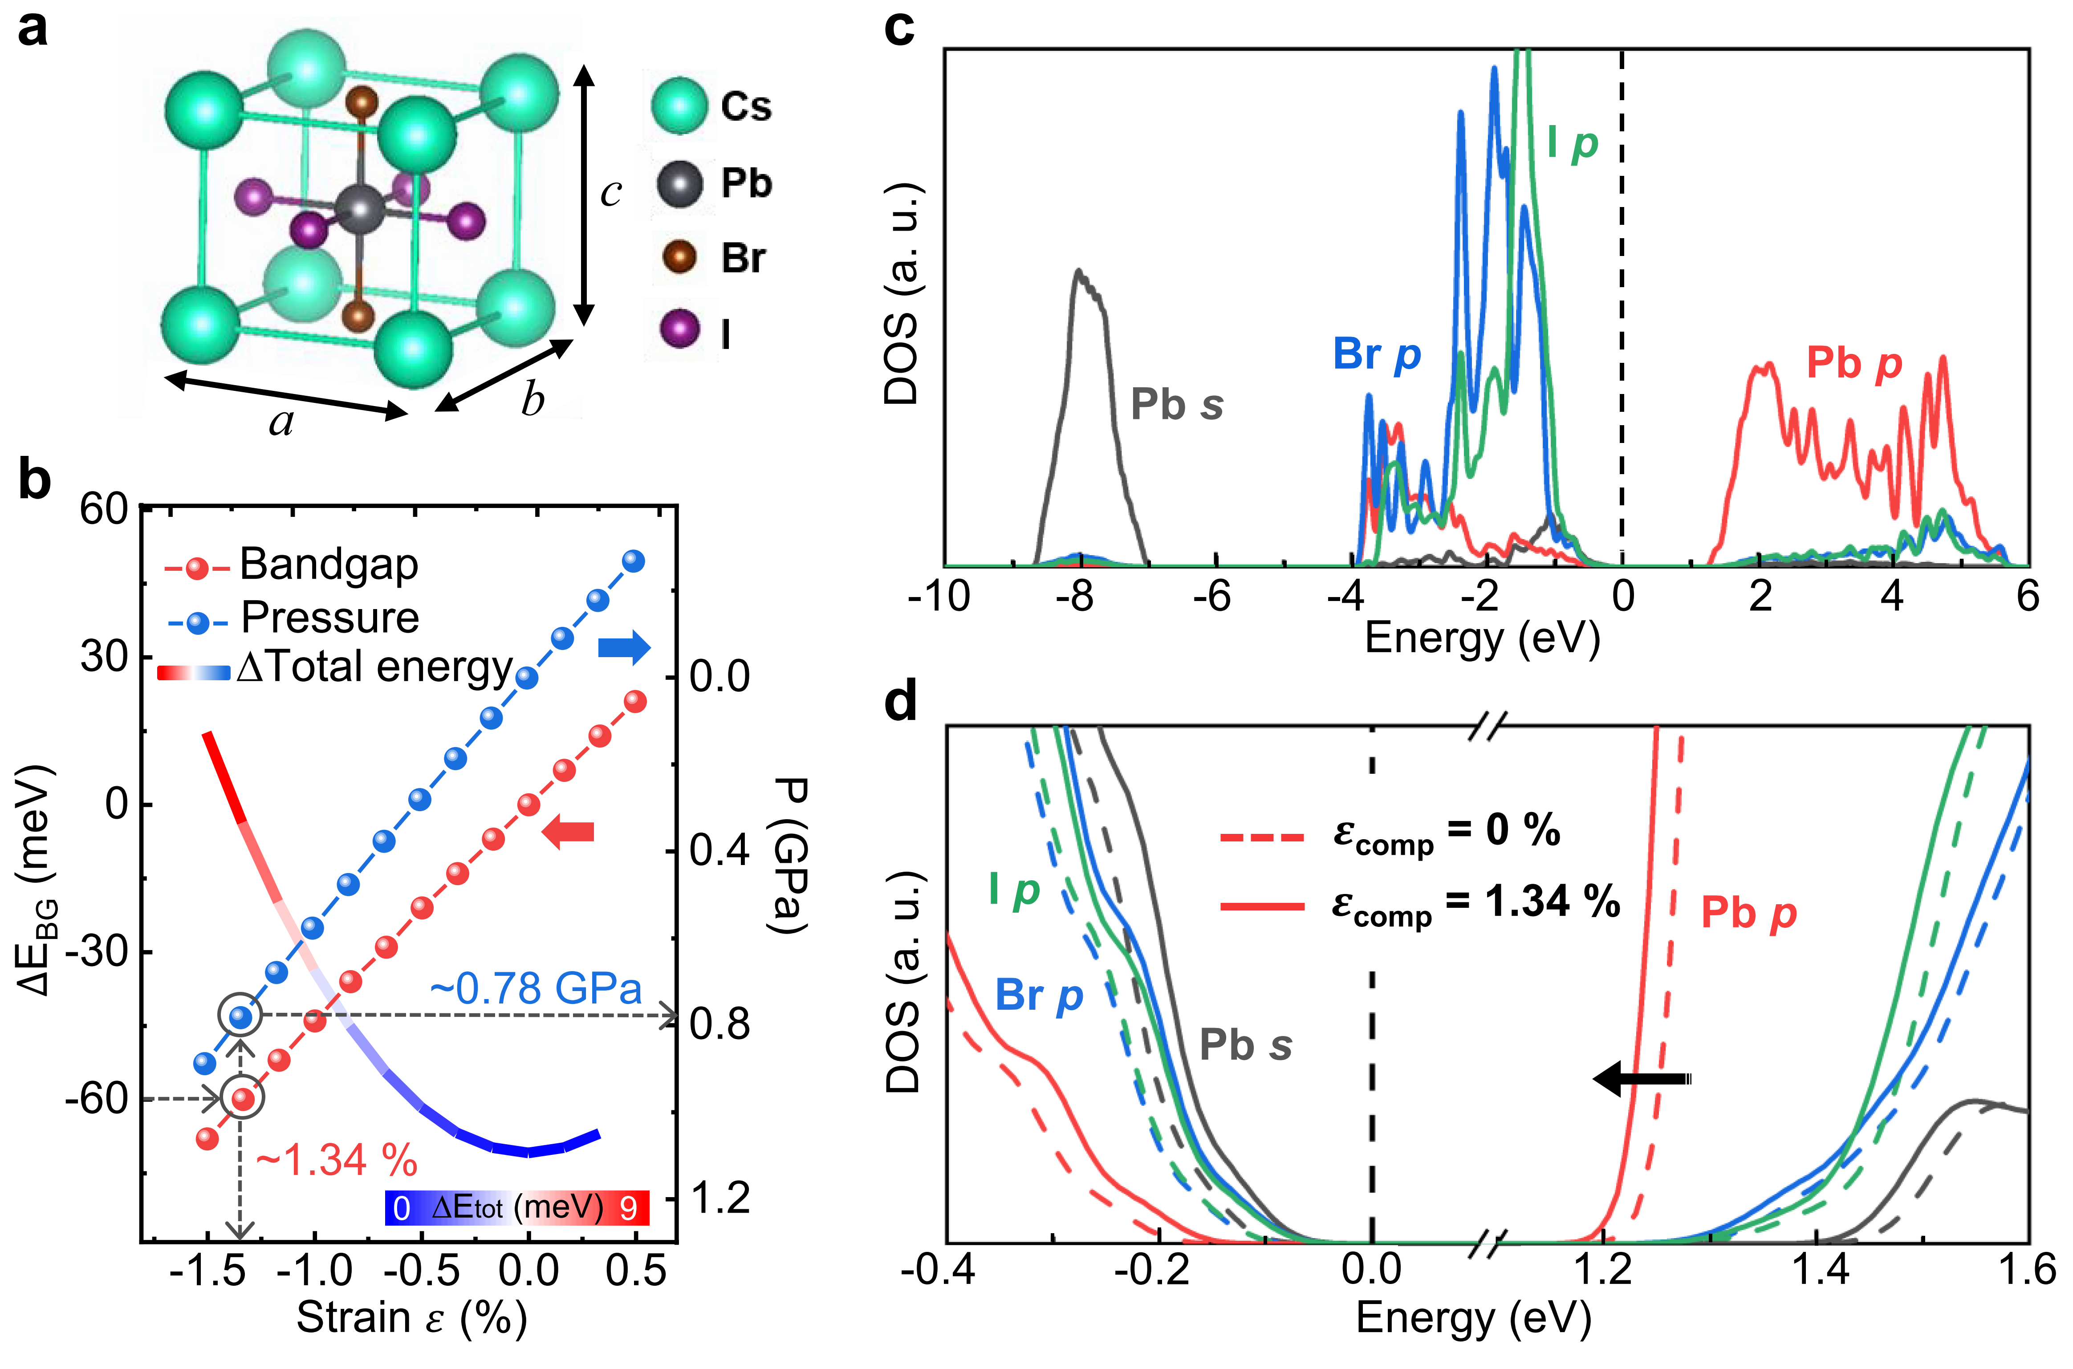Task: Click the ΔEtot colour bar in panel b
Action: click(517, 1208)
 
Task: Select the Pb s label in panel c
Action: click(1176, 404)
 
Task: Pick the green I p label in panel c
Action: click(1572, 144)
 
